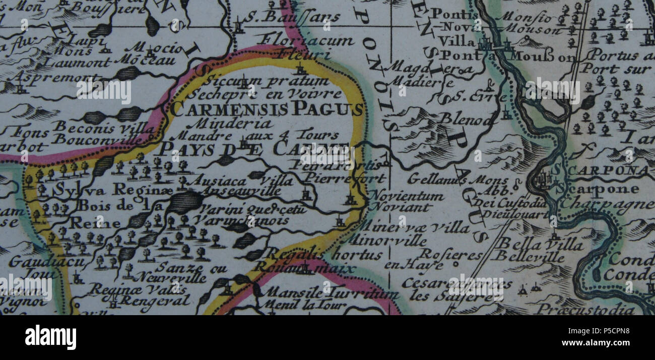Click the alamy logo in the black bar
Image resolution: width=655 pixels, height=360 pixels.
click(x=50, y=337)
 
